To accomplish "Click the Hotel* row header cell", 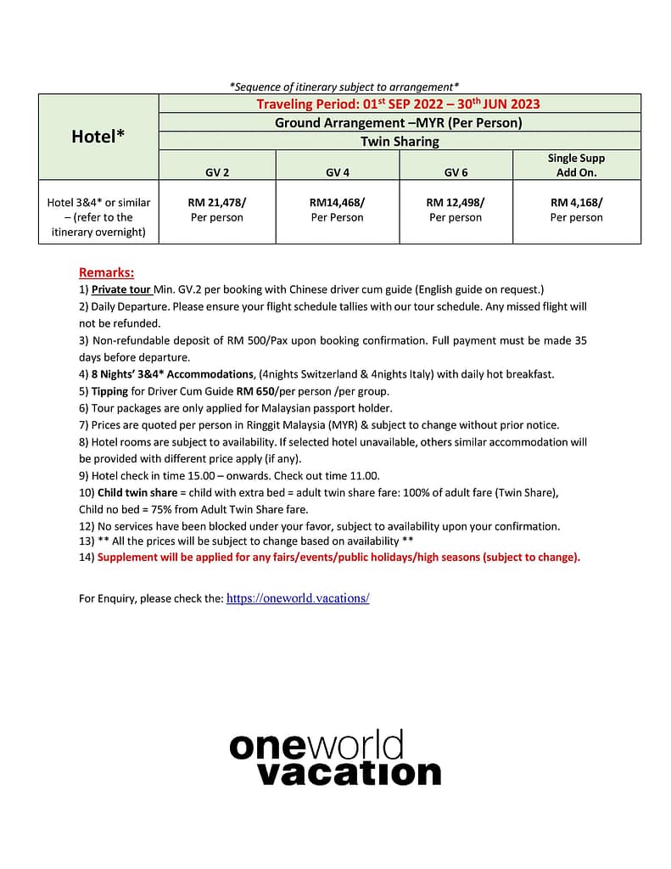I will coord(98,136).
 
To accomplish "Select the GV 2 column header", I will coord(217,172).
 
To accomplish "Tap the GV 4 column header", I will coord(337,172).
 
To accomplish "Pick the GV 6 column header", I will coord(456,172).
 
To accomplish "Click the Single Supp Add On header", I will coord(576,165).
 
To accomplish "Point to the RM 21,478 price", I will coord(216,203).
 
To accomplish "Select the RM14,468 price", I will coord(337,203).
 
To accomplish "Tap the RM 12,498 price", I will coord(456,203).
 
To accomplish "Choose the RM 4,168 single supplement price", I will coord(576,203).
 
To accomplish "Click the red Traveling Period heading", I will coord(399,104).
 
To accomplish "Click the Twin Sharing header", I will coord(399,141).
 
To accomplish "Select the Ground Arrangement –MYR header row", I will coord(399,122).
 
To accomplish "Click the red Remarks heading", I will coord(106,272).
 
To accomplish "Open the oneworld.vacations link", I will coord(298,598).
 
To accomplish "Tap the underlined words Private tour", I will coord(121,289).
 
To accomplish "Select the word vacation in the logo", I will coord(349,772).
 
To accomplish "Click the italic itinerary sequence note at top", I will coord(344,87).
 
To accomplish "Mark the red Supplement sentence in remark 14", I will coord(338,558).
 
